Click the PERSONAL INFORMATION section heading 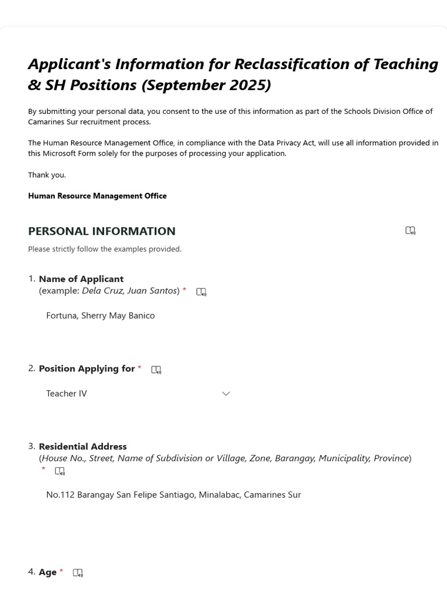coord(101,231)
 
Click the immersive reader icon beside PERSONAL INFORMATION coord(410,231)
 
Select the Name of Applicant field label coord(81,279)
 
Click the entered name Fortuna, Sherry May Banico coord(100,316)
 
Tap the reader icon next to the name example coord(201,292)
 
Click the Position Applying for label coord(87,368)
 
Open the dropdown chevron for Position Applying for coord(226,393)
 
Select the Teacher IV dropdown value coord(66,393)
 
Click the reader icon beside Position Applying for coord(156,370)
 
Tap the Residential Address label coord(83,446)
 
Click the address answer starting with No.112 coord(173,495)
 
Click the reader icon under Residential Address coord(60,471)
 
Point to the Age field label coord(48,572)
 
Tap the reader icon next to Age coord(78,573)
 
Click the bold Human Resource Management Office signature coord(97,196)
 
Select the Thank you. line coord(47,175)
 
